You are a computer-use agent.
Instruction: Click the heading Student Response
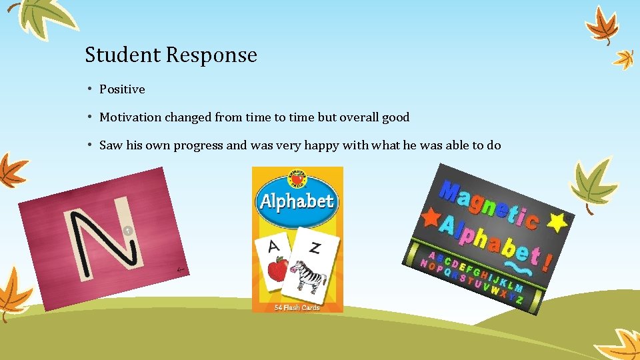(x=171, y=55)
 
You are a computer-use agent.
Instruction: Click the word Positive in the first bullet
(x=122, y=89)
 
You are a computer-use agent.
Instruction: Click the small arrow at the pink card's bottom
(x=180, y=269)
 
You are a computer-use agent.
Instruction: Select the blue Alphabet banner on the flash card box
(x=297, y=201)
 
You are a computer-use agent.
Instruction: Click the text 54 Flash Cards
(x=297, y=307)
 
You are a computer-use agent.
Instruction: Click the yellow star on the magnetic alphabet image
(x=557, y=221)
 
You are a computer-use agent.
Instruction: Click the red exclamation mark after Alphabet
(x=546, y=261)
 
